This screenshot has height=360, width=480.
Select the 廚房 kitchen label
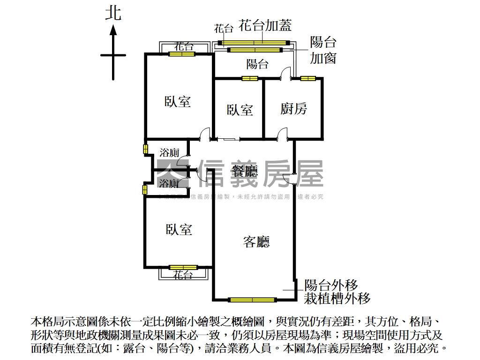click(294, 109)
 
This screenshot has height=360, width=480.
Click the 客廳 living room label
click(256, 242)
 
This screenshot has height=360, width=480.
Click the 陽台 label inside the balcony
click(257, 64)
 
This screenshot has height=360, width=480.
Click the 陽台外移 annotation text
click(331, 285)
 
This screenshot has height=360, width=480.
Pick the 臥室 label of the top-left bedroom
click(178, 101)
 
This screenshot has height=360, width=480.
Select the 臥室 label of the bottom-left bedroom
click(179, 229)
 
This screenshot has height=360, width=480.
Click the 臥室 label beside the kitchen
click(240, 110)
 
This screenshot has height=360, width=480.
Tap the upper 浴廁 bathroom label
click(169, 152)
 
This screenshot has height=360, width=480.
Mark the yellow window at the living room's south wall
click(252, 299)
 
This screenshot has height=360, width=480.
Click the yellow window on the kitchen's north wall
click(307, 78)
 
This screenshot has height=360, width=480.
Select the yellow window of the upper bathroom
click(145, 149)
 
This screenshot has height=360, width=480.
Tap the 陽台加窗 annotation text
click(323, 50)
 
